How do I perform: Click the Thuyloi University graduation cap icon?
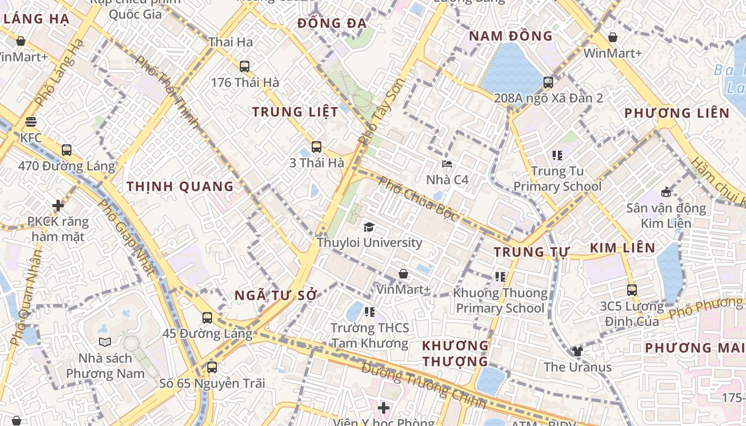[369, 227]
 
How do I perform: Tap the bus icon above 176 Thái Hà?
[245, 67]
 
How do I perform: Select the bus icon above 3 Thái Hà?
[317, 147]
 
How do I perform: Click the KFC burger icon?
[30, 122]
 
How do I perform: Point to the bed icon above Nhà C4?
[447, 164]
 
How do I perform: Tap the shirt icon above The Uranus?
[577, 351]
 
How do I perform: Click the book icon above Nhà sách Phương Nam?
[104, 342]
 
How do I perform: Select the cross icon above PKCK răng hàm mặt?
[58, 205]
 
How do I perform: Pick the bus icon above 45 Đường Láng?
[207, 318]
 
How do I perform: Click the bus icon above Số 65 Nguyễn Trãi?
[212, 367]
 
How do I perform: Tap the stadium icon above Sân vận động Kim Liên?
[666, 192]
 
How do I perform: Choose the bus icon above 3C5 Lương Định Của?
[632, 290]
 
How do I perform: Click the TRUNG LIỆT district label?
[295, 112]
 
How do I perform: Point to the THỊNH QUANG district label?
[180, 186]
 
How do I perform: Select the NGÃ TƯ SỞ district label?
[276, 296]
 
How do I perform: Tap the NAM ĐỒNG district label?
[511, 36]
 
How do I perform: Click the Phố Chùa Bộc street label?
[418, 199]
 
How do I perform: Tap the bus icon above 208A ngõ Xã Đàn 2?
[548, 83]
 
